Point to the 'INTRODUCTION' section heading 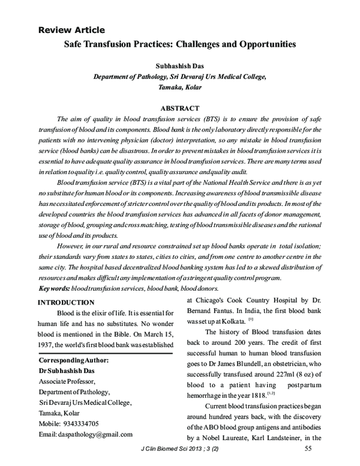point(66,302)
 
